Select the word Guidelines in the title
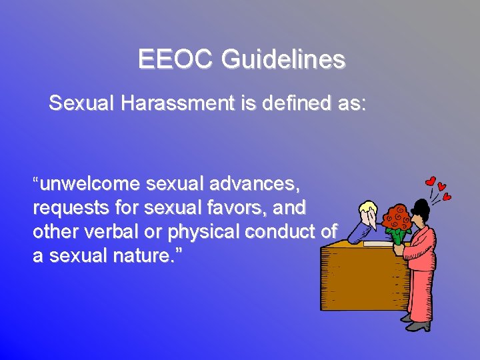click(283, 59)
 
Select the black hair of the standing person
click(422, 205)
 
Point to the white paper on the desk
click(377, 244)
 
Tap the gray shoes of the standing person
click(418, 326)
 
